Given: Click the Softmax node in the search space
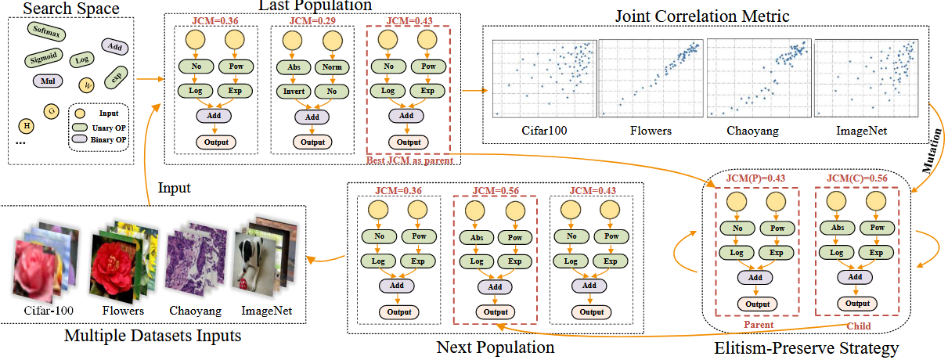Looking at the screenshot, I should coord(46,31).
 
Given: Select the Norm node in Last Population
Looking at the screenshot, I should coord(333,67).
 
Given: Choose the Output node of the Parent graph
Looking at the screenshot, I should coord(756,304).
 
